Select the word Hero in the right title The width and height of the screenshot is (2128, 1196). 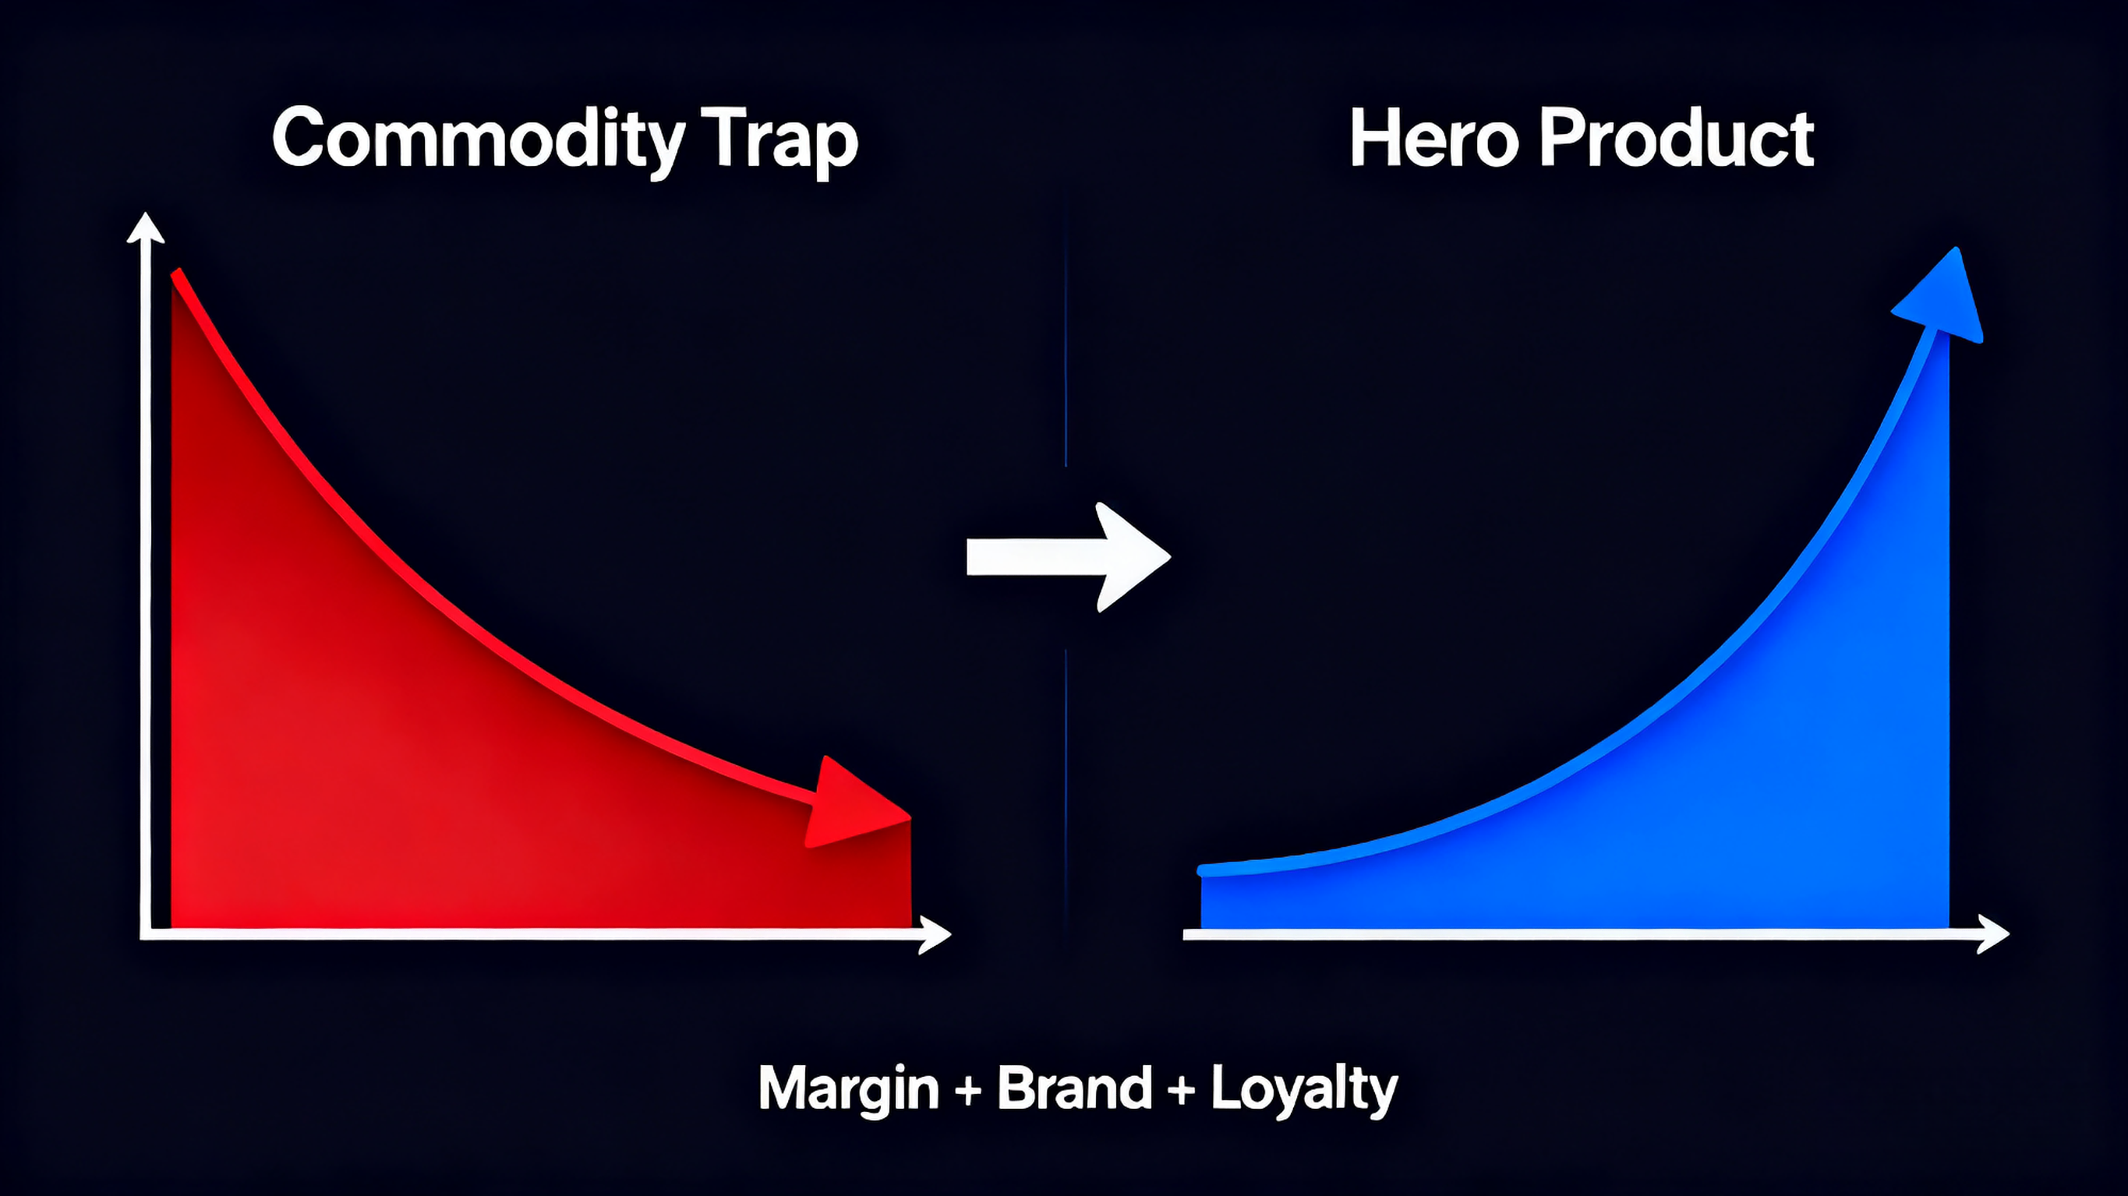[1433, 139]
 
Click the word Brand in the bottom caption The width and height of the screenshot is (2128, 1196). [1074, 1088]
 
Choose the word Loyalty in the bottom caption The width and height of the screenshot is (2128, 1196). [1303, 1090]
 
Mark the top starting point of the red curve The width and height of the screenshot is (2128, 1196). [176, 275]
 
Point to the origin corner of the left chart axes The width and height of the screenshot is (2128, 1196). [147, 934]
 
